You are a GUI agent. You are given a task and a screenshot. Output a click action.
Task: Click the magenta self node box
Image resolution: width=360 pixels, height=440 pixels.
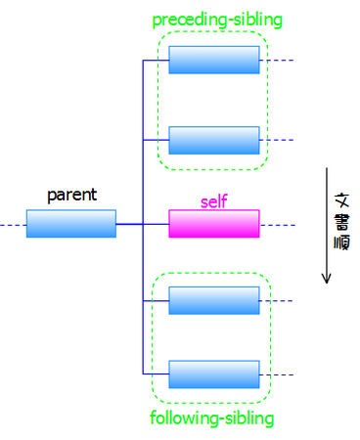[x=213, y=224]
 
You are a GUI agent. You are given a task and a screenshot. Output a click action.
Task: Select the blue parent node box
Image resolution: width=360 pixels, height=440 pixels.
[x=70, y=224]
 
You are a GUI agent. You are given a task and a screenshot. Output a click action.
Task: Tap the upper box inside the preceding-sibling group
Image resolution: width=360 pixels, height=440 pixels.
[x=213, y=61]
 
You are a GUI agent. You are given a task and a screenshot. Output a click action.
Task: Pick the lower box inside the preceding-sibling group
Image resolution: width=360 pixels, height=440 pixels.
[x=213, y=140]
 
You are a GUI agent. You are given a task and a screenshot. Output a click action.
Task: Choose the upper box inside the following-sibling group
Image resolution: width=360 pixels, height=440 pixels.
[x=213, y=301]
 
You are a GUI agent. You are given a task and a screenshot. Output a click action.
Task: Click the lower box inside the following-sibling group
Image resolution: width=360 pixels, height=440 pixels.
[x=213, y=374]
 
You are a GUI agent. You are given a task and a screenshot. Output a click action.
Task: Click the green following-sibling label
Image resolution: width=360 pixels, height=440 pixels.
[x=211, y=418]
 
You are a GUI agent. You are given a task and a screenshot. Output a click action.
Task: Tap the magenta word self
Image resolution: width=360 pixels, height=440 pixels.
[x=213, y=201]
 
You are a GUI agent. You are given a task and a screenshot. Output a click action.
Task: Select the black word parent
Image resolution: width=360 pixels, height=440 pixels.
[x=71, y=195]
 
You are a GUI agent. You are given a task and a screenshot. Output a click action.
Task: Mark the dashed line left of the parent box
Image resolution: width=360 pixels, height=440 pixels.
[x=13, y=225]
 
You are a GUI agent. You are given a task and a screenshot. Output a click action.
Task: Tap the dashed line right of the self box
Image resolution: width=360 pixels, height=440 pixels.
[x=277, y=225]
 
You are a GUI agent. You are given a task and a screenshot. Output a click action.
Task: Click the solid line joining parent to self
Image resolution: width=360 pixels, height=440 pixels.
[x=142, y=225]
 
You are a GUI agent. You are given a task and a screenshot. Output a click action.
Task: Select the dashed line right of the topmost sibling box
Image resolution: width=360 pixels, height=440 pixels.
[x=277, y=61]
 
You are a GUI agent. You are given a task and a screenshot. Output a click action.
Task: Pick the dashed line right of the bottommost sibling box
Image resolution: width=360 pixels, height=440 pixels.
[x=277, y=374]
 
